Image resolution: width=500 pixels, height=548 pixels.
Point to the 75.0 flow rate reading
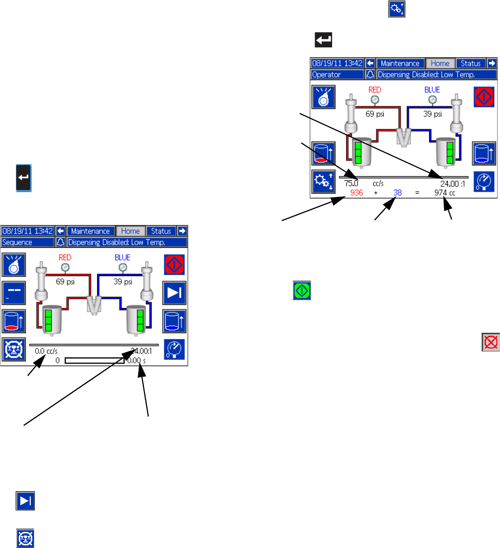click(x=351, y=183)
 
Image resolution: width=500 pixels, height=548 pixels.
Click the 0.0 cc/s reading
click(x=46, y=351)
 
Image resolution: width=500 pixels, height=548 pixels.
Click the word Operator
click(x=326, y=74)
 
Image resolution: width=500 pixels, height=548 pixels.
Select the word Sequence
click(x=17, y=242)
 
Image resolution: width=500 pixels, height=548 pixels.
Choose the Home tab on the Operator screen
click(x=440, y=64)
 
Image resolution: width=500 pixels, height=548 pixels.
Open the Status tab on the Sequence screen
click(x=161, y=231)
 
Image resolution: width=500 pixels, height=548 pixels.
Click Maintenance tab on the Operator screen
click(x=400, y=64)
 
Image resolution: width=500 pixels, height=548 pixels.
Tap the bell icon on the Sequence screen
click(x=60, y=242)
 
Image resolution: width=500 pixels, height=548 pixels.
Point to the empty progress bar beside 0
click(x=95, y=360)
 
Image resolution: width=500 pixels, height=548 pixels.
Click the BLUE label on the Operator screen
click(x=432, y=90)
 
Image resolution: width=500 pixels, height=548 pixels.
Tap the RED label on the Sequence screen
click(x=65, y=257)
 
